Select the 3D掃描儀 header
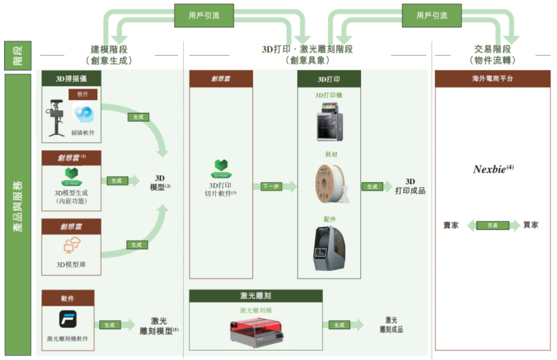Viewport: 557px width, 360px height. click(x=71, y=79)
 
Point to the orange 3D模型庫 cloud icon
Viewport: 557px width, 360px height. click(x=71, y=246)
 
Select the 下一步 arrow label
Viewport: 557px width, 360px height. click(x=270, y=187)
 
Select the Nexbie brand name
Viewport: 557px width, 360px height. click(x=492, y=169)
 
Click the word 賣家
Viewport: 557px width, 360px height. click(x=451, y=226)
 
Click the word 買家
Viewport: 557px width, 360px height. click(x=531, y=226)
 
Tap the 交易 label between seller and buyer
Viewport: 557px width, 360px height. click(x=492, y=226)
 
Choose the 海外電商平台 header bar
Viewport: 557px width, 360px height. click(x=492, y=79)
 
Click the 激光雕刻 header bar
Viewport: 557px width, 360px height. click(x=255, y=296)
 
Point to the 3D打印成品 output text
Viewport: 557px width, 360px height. click(x=410, y=186)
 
